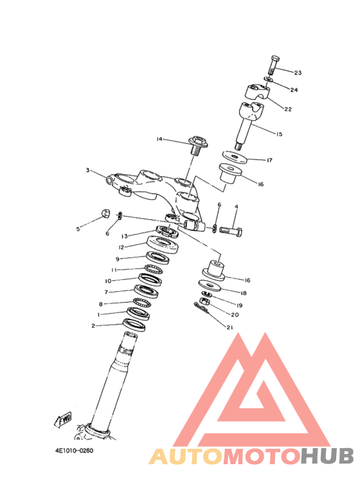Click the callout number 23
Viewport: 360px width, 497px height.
tap(298, 73)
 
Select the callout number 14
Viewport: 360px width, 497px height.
tap(159, 139)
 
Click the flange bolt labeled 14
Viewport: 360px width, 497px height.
tap(197, 145)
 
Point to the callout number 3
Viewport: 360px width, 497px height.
tap(88, 170)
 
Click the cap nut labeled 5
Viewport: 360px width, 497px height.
tap(105, 214)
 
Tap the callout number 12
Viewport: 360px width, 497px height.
tap(122, 248)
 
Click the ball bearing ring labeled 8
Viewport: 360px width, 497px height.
tap(141, 303)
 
